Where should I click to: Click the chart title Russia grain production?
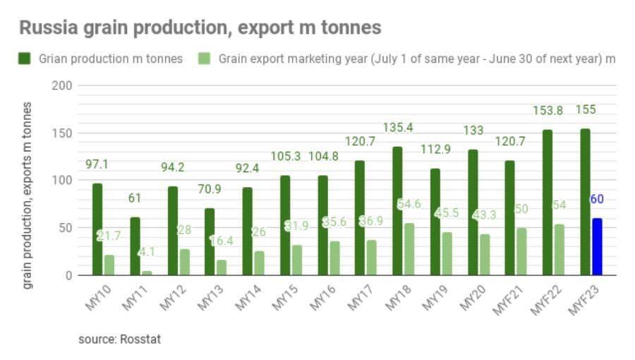point(200,28)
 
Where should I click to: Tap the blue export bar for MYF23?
point(597,246)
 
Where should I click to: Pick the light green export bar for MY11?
point(147,272)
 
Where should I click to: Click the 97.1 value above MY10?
point(97,164)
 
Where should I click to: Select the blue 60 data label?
point(597,200)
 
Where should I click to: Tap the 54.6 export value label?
point(410,205)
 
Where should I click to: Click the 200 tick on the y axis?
point(62,85)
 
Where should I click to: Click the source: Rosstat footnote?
point(119,340)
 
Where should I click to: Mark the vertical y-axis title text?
point(27,195)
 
